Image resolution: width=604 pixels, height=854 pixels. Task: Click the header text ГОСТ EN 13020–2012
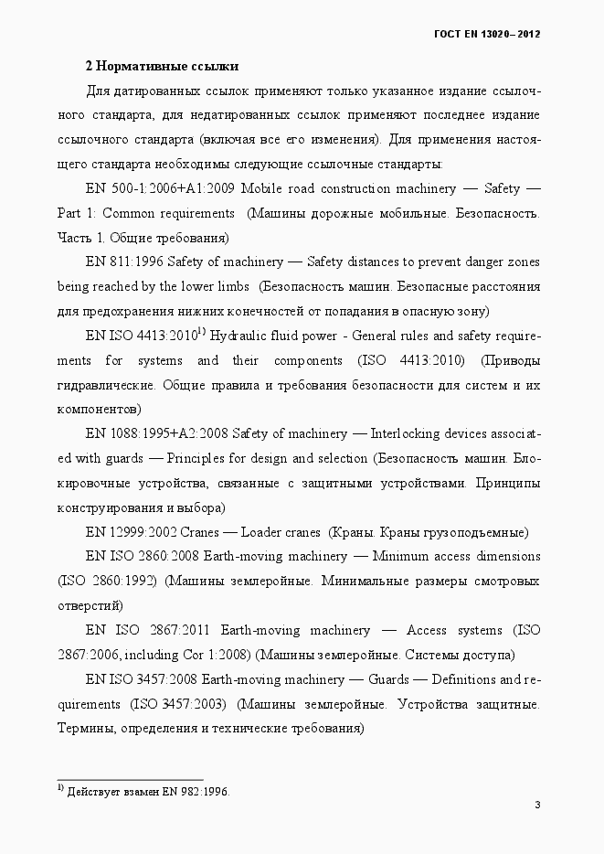[487, 34]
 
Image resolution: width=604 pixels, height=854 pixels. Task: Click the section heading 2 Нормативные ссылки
[162, 67]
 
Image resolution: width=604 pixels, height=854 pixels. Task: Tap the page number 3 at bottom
[538, 805]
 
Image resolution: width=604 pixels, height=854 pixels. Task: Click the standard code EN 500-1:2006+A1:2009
[161, 189]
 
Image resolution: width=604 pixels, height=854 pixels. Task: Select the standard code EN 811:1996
[125, 262]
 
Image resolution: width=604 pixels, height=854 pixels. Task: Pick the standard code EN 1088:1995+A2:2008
[157, 433]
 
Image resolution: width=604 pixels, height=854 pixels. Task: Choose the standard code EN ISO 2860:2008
[141, 557]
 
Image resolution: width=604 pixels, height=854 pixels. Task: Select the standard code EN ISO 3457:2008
[141, 680]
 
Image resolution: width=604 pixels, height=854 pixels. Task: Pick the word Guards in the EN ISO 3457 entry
[389, 680]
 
